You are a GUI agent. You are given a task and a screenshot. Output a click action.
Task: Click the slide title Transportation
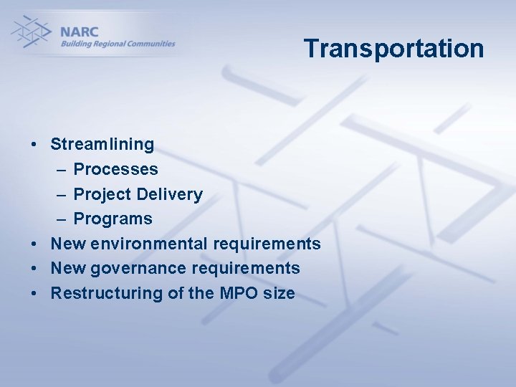(x=393, y=49)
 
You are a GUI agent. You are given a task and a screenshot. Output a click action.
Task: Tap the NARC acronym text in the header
(x=79, y=32)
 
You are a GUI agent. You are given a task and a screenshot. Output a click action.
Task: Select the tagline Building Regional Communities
(x=118, y=44)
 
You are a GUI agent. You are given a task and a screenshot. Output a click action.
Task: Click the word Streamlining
(x=102, y=144)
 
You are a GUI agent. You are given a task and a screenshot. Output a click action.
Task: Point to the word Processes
(x=115, y=169)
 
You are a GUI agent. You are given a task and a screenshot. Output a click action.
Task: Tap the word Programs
(x=113, y=219)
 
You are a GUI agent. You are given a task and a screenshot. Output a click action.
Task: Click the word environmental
(x=148, y=244)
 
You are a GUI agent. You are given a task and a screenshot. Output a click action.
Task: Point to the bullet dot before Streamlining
(x=34, y=145)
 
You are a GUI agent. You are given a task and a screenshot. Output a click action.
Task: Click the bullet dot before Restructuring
(x=34, y=294)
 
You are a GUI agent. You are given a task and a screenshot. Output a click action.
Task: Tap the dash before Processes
(x=59, y=170)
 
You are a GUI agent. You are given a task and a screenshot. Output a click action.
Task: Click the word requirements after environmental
(x=267, y=244)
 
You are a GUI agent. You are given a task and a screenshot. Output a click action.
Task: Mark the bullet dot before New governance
(x=34, y=269)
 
